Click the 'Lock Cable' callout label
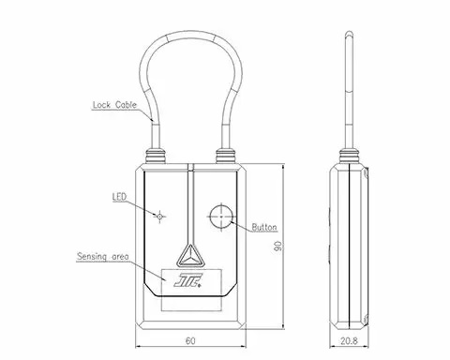[x=114, y=105]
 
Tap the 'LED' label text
[x=119, y=197]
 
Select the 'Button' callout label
[x=264, y=227]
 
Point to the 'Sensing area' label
[x=103, y=257]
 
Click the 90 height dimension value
[x=277, y=246]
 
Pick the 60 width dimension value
[x=190, y=340]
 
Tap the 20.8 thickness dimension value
[x=349, y=340]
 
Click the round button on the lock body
[x=221, y=217]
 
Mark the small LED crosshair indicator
[x=159, y=216]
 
